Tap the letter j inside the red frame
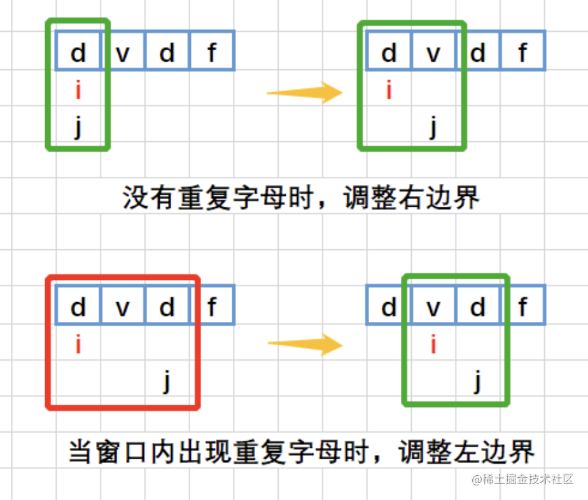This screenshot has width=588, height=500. [167, 382]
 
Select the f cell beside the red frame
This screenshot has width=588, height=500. [212, 308]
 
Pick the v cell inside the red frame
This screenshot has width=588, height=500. [122, 308]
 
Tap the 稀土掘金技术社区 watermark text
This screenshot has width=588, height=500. [528, 479]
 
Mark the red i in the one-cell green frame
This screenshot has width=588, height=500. [78, 92]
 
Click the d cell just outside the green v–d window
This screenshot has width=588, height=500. [388, 308]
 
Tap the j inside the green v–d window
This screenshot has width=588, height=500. [477, 382]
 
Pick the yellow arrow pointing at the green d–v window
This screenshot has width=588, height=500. [304, 93]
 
